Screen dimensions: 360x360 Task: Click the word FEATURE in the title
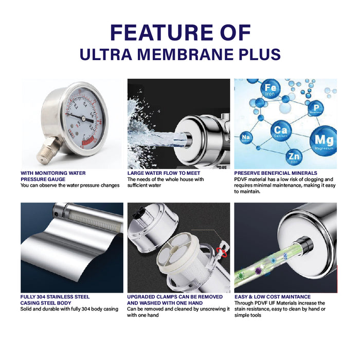pos(162,32)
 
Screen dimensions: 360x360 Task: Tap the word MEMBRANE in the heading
pos(185,55)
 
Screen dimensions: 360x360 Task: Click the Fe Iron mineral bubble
pos(271,89)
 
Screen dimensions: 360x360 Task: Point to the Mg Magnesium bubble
pos(323,141)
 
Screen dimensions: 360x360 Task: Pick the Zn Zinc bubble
pos(294,157)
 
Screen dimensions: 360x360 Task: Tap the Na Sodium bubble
pos(246,138)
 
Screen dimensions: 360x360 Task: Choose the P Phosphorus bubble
pos(316,108)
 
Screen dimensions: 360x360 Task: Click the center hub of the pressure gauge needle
pos(83,118)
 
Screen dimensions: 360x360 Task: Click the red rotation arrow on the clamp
pos(223,251)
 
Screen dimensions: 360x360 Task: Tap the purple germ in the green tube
pos(259,271)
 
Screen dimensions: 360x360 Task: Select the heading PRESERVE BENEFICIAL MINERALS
pos(276,173)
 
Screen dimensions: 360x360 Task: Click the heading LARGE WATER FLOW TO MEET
pos(164,173)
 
